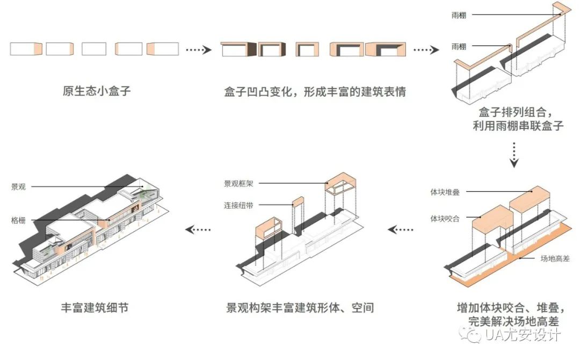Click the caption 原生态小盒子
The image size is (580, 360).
(97, 91)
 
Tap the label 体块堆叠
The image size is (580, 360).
(445, 192)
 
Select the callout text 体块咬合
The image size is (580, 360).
(445, 219)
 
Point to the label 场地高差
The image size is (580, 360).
(555, 258)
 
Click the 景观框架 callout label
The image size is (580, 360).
(238, 184)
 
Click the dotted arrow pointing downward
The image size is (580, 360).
(514, 155)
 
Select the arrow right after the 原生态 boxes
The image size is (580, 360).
(199, 49)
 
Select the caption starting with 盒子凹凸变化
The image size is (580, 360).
(315, 91)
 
